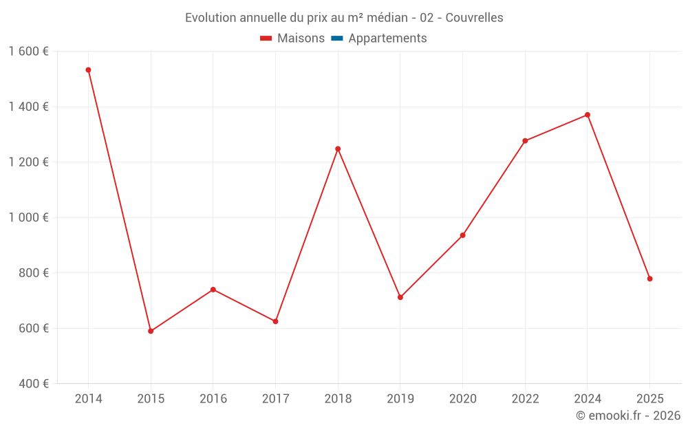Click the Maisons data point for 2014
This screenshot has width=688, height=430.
pos(88,70)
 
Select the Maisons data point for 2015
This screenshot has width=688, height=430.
pos(151,331)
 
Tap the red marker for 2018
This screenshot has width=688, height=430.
pos(338,149)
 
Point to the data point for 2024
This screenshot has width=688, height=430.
pos(588,115)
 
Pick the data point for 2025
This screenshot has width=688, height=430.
pos(649,279)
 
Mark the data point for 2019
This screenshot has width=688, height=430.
pos(400,297)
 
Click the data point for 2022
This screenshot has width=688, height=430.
pos(525,141)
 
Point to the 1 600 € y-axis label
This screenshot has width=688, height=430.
pos(28,52)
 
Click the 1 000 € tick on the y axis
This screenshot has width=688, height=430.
pos(28,217)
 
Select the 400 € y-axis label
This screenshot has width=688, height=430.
pos(34,383)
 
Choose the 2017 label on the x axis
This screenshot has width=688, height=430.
pos(275,399)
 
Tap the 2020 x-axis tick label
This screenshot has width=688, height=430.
pos(462,399)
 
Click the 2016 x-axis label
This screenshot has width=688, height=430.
pos(213,399)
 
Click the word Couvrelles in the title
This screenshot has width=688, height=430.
pos(474,18)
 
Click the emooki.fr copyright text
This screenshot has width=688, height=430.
pos(628,416)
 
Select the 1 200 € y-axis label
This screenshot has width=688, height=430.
pos(28,162)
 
